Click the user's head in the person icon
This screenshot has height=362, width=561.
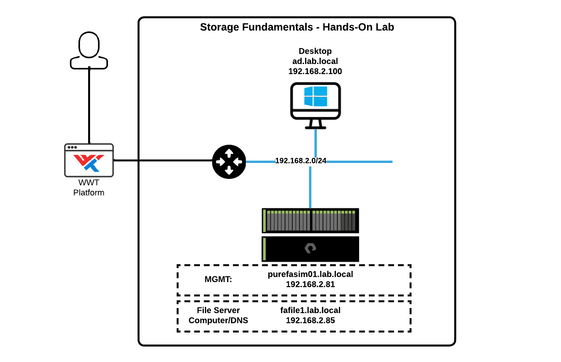(x=89, y=45)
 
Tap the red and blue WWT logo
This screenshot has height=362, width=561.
(x=89, y=163)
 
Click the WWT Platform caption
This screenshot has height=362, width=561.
(x=89, y=187)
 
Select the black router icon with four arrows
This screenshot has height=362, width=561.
(x=229, y=162)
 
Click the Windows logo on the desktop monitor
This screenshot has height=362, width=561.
(x=316, y=96)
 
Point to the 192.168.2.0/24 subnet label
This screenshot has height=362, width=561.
(x=300, y=161)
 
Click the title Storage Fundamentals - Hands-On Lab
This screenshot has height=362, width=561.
(x=297, y=27)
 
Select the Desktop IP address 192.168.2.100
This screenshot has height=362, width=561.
(x=315, y=71)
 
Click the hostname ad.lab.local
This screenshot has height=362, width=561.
(x=315, y=61)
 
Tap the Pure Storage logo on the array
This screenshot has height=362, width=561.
(x=310, y=248)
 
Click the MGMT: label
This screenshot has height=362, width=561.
(x=218, y=279)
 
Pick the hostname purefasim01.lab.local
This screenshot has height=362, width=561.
(x=310, y=274)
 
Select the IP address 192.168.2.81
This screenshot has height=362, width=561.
(x=310, y=284)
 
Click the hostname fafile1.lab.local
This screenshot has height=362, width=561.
(x=310, y=310)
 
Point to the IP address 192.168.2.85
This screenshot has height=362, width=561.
(x=310, y=320)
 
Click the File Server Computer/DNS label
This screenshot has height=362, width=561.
(x=218, y=315)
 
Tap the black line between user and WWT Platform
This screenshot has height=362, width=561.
(x=89, y=105)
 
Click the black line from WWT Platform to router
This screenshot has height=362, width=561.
(x=163, y=160)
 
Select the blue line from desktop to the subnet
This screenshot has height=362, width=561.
(x=316, y=143)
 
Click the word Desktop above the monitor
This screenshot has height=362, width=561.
(x=315, y=51)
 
